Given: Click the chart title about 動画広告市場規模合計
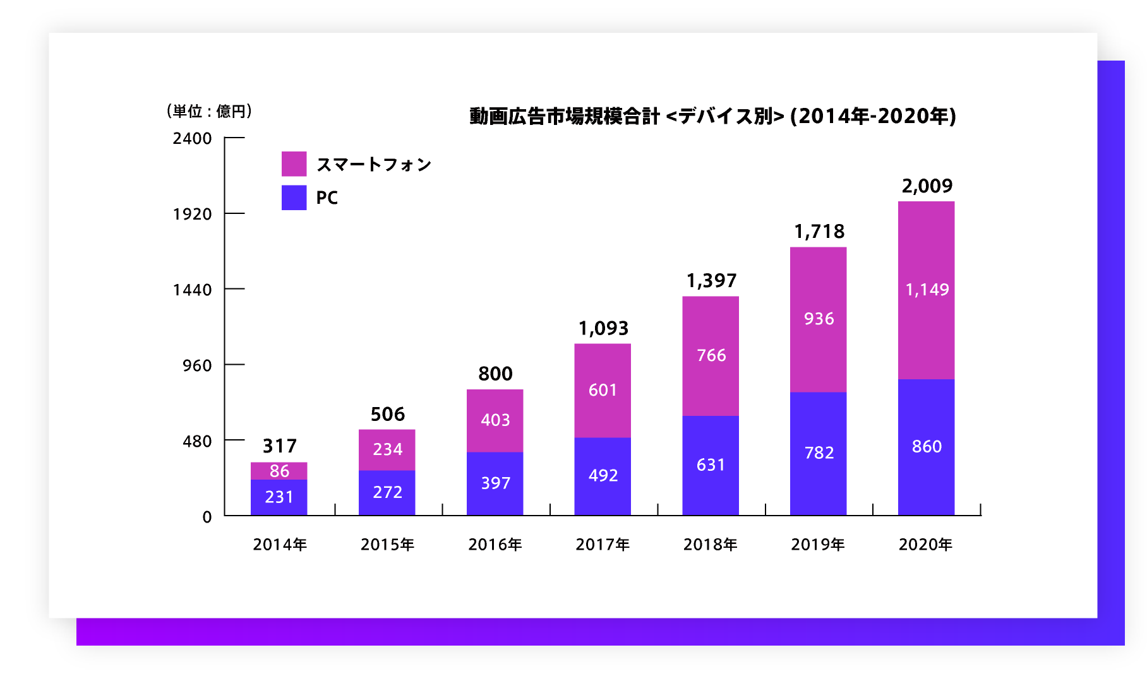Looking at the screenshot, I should pyautogui.click(x=712, y=116).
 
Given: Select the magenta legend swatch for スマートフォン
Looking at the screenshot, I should pyautogui.click(x=294, y=164).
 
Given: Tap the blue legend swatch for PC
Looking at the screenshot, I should pyautogui.click(x=294, y=198).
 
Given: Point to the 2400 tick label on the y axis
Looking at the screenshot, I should pyautogui.click(x=192, y=138).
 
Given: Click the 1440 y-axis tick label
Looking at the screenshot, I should pyautogui.click(x=192, y=290).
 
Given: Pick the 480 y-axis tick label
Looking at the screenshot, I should pyautogui.click(x=197, y=441).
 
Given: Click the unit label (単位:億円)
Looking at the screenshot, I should pyautogui.click(x=209, y=111).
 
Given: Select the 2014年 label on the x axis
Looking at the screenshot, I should pyautogui.click(x=280, y=544).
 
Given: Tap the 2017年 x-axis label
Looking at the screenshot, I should pyautogui.click(x=603, y=544).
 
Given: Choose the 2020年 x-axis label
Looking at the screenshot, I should pyautogui.click(x=925, y=544).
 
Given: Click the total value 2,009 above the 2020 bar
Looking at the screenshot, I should pyautogui.click(x=927, y=186).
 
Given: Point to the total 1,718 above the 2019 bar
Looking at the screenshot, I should pyautogui.click(x=819, y=232).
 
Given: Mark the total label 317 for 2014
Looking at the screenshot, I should pyautogui.click(x=279, y=446).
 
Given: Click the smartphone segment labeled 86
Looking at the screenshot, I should pyautogui.click(x=279, y=471).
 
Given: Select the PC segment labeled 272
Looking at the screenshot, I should pyautogui.click(x=387, y=492).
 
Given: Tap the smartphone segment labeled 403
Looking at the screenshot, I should pyautogui.click(x=495, y=420).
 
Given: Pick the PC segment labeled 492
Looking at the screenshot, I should pyautogui.click(x=603, y=476).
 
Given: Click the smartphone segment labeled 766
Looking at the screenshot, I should pyautogui.click(x=711, y=355).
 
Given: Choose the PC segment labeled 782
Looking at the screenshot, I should pyautogui.click(x=819, y=453).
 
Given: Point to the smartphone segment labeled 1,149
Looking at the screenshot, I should pyautogui.click(x=927, y=290).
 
